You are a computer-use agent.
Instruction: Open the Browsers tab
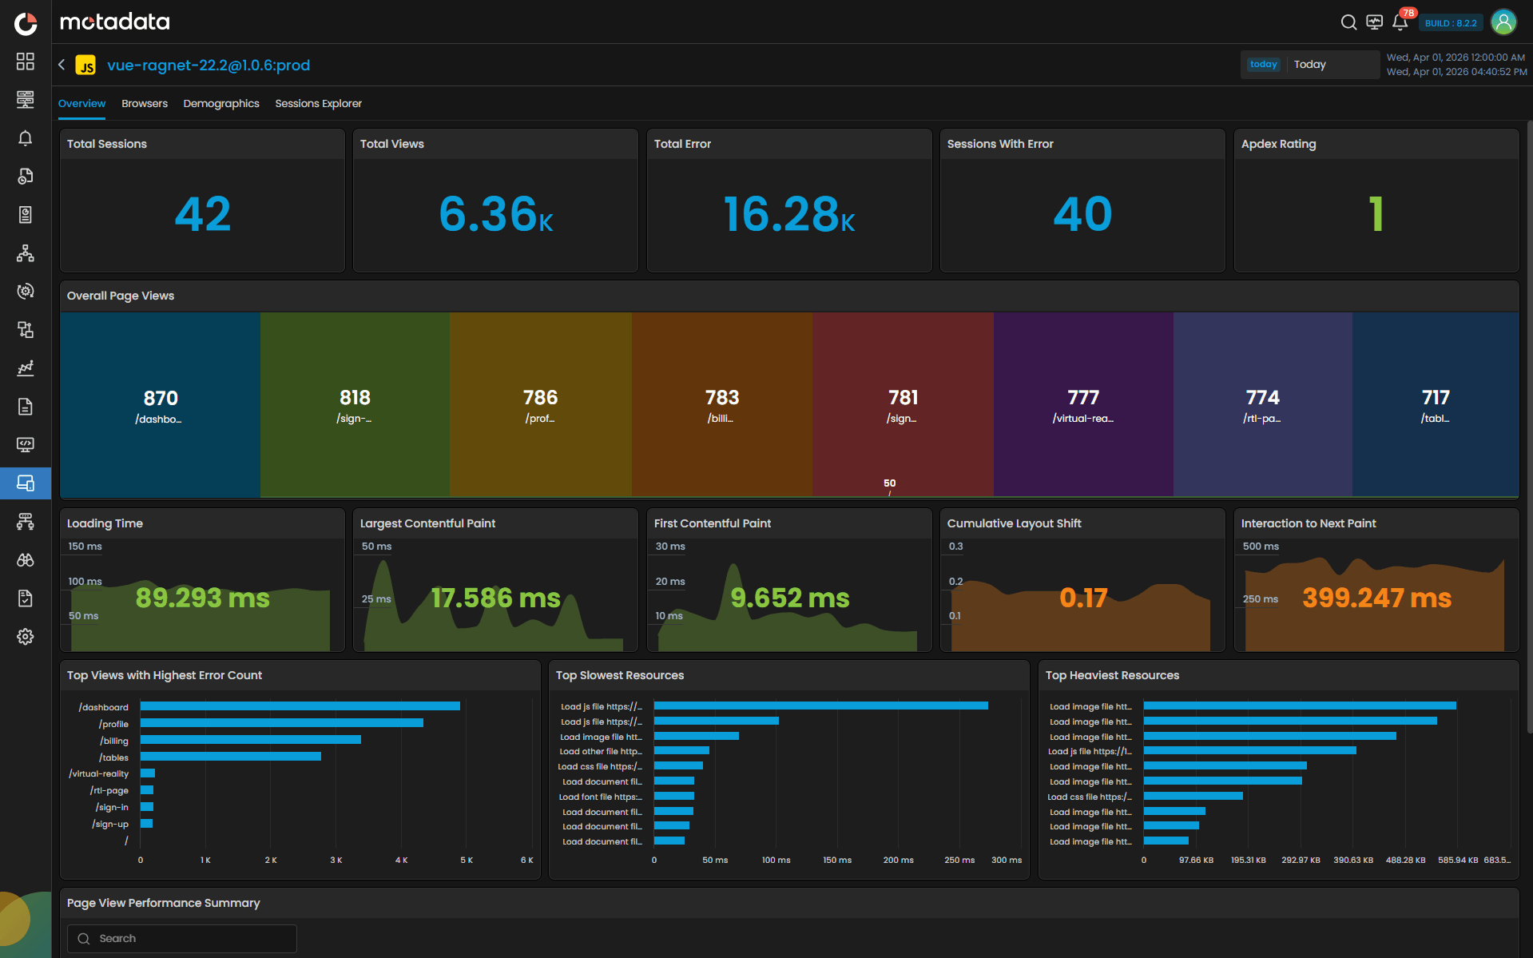[145, 104]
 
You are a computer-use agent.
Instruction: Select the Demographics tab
[221, 104]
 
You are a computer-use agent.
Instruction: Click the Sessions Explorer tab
[318, 104]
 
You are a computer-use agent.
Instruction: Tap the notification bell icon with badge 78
[1400, 22]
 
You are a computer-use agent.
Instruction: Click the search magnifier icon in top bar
[1348, 22]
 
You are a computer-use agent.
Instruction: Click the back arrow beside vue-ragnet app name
[62, 65]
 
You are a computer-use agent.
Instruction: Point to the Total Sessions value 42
[203, 214]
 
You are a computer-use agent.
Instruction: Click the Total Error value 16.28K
[788, 214]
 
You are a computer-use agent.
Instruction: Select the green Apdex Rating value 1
[1376, 214]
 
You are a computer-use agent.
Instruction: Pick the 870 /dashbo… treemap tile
[161, 405]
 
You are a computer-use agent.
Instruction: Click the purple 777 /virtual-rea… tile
[1083, 405]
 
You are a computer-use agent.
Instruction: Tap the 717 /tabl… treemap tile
[1436, 405]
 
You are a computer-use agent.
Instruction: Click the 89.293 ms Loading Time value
[203, 598]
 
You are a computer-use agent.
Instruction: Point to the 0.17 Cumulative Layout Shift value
[1083, 598]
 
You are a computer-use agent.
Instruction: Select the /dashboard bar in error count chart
[300, 706]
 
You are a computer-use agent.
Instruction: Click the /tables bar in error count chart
[230, 757]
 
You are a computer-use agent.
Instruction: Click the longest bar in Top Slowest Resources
[820, 706]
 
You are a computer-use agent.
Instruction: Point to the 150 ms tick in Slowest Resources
[837, 861]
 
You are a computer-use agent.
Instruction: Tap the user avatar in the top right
[1503, 22]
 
